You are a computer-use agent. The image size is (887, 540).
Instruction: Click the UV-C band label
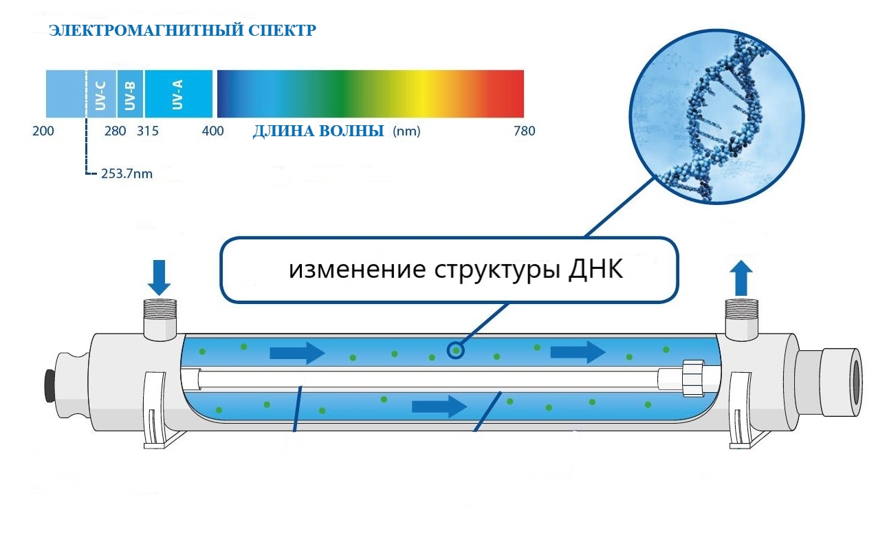[x=100, y=95]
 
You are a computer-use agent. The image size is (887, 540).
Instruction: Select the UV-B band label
[x=130, y=95]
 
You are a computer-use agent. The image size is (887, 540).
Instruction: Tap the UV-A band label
[x=177, y=94]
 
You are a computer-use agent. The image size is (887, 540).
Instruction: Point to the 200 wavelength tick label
[x=43, y=131]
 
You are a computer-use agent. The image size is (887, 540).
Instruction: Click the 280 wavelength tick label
[x=116, y=131]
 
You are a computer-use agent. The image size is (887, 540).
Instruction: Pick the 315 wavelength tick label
[x=148, y=131]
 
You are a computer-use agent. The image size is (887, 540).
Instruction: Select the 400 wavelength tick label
[x=212, y=131]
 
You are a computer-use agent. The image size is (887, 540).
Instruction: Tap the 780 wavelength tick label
[x=524, y=131]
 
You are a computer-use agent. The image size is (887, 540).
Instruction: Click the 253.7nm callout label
[x=127, y=173]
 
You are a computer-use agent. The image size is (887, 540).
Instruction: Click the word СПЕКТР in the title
[x=283, y=30]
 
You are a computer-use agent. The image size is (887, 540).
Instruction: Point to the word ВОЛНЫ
[x=351, y=131]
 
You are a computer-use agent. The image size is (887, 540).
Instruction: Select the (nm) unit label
[x=406, y=131]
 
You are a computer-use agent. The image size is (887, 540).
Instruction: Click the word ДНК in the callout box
[x=596, y=270]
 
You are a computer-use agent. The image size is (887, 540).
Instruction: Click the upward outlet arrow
[x=741, y=278]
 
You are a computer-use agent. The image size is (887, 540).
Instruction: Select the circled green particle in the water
[x=456, y=351]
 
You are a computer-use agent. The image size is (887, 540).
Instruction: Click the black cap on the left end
[x=50, y=385]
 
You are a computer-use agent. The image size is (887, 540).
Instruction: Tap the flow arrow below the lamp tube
[x=439, y=407]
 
